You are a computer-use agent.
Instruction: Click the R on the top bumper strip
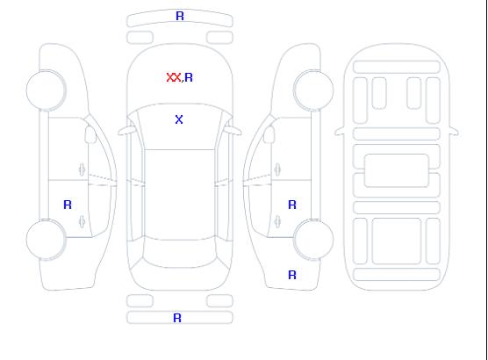click(180, 16)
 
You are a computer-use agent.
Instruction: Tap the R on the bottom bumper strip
click(177, 318)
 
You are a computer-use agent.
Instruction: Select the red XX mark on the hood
click(174, 77)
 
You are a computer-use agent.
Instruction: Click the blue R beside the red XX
click(189, 77)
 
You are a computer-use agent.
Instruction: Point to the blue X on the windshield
click(179, 119)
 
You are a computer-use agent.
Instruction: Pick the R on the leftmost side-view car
click(68, 205)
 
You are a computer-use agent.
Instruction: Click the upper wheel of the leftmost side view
click(46, 90)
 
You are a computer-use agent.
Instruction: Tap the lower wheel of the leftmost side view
click(46, 240)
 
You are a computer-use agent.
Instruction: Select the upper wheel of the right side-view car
click(313, 90)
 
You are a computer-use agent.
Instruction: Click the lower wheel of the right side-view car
click(313, 240)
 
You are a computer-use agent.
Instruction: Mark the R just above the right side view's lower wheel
click(292, 205)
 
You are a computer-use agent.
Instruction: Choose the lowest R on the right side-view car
click(292, 275)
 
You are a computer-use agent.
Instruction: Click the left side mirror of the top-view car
click(126, 131)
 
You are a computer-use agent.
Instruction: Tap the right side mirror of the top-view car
click(234, 131)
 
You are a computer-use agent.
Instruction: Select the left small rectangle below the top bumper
click(140, 38)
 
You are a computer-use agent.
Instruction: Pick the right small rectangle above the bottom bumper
click(219, 301)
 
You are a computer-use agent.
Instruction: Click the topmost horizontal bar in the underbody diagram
click(397, 67)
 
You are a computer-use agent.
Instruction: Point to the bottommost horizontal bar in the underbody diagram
click(397, 274)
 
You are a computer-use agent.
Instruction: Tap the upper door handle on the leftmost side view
click(83, 169)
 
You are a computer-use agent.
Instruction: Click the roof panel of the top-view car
click(180, 195)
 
